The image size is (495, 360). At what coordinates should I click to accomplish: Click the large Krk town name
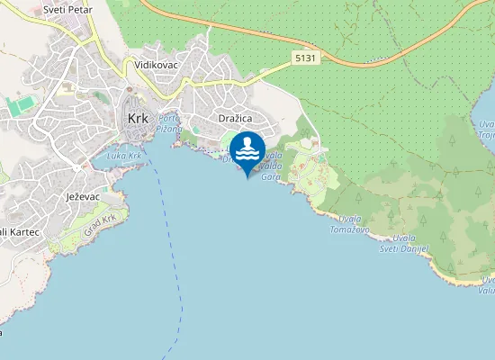[138, 118]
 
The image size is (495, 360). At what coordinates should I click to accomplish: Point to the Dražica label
[234, 118]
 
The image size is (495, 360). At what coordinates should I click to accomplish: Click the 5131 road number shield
[304, 57]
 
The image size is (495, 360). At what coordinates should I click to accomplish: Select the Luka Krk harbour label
[123, 156]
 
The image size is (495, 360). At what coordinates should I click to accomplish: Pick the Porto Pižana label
[168, 124]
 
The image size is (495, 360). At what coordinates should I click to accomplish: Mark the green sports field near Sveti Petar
[20, 105]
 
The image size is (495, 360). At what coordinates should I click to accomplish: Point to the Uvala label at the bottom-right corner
[486, 285]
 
